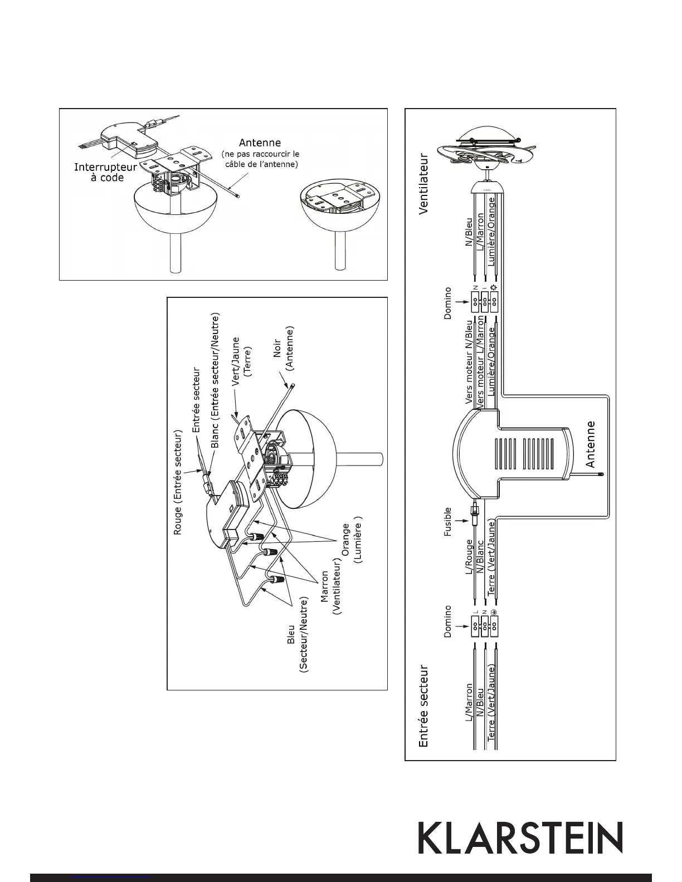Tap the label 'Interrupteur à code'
point(106,172)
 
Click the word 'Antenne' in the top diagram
point(260,143)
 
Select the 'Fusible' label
point(447,522)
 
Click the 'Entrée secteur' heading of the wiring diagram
point(425,704)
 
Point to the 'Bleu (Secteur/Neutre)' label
point(297,635)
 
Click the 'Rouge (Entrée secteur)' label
point(178,482)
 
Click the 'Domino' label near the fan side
point(447,303)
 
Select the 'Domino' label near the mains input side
point(447,621)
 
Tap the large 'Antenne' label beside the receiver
point(591,444)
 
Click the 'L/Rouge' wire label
point(469,557)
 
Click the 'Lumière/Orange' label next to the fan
point(491,238)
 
